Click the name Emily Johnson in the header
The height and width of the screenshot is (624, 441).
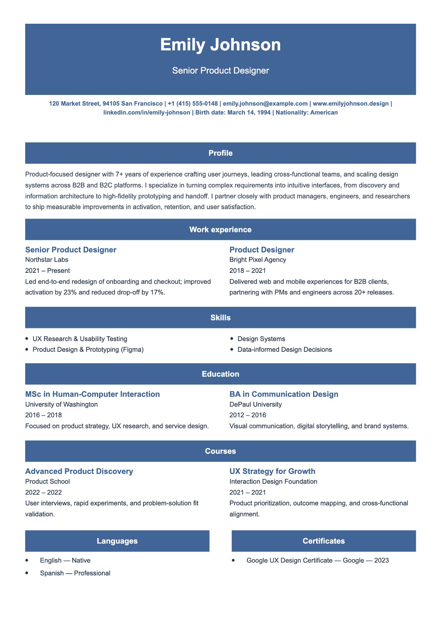(x=220, y=45)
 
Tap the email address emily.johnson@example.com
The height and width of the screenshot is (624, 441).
(x=265, y=103)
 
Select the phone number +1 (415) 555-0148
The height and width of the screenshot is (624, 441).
(x=193, y=103)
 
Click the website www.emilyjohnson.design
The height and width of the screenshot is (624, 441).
(x=351, y=103)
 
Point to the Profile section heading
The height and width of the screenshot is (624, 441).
(x=220, y=153)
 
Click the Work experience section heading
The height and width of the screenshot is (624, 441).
(x=220, y=230)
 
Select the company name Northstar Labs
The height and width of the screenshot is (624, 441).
(x=47, y=260)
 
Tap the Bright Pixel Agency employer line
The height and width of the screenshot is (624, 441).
(x=258, y=260)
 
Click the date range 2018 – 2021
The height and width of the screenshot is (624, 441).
(x=248, y=271)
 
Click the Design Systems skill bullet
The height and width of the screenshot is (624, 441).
(x=261, y=339)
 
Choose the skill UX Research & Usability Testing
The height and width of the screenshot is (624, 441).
(x=80, y=339)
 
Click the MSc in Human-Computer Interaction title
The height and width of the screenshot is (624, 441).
(x=92, y=394)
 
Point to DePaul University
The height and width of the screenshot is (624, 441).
(x=255, y=404)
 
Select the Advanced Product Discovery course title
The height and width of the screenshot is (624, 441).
(x=79, y=471)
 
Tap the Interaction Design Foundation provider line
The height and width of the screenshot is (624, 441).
(x=273, y=481)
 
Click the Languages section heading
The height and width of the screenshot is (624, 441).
(x=117, y=541)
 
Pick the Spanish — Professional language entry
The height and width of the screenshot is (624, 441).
(x=75, y=573)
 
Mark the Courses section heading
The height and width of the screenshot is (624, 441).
(x=220, y=451)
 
